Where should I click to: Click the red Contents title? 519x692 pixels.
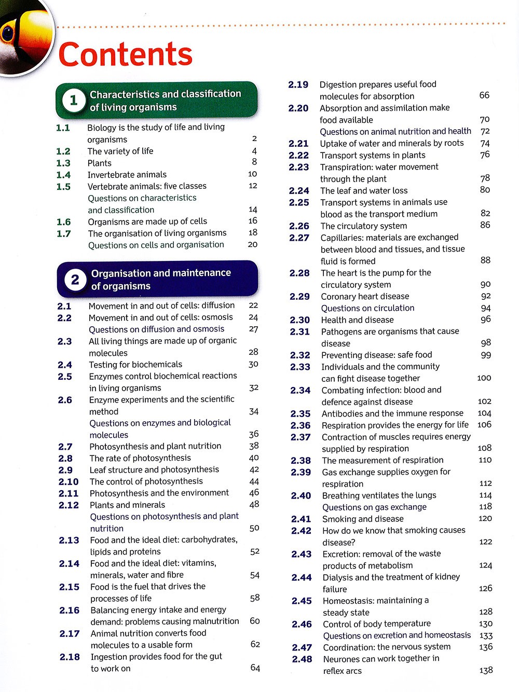point(126,54)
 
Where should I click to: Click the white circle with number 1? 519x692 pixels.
point(73,100)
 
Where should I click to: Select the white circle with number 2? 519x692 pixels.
point(75,280)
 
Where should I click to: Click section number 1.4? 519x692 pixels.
point(63,175)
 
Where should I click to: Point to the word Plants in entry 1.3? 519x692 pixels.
point(99,163)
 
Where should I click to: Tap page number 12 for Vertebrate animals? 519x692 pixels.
point(253,186)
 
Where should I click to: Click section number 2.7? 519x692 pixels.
point(65,447)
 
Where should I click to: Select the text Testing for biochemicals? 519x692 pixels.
point(135,365)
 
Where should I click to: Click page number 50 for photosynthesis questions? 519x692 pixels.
point(254,528)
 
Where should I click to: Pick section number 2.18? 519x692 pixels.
point(70,657)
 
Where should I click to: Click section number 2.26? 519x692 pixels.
point(299,226)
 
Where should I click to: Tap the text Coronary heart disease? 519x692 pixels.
point(365,296)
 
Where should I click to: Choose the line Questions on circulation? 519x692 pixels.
point(367,308)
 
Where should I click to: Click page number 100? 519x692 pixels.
point(484,378)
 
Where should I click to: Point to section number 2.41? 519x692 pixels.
point(301,519)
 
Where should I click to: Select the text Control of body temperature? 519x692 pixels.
point(377,624)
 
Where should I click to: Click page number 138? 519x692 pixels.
point(486,670)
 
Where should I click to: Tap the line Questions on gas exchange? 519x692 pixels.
point(374,507)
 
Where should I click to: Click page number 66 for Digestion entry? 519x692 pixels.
point(484,95)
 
